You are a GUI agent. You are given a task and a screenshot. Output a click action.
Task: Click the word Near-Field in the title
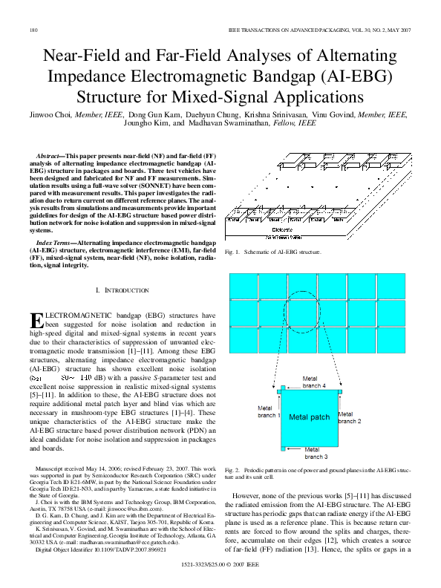(x=85, y=56)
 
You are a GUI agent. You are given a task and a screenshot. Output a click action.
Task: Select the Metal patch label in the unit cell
(x=308, y=417)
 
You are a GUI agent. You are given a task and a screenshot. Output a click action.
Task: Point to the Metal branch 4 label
(x=314, y=383)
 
